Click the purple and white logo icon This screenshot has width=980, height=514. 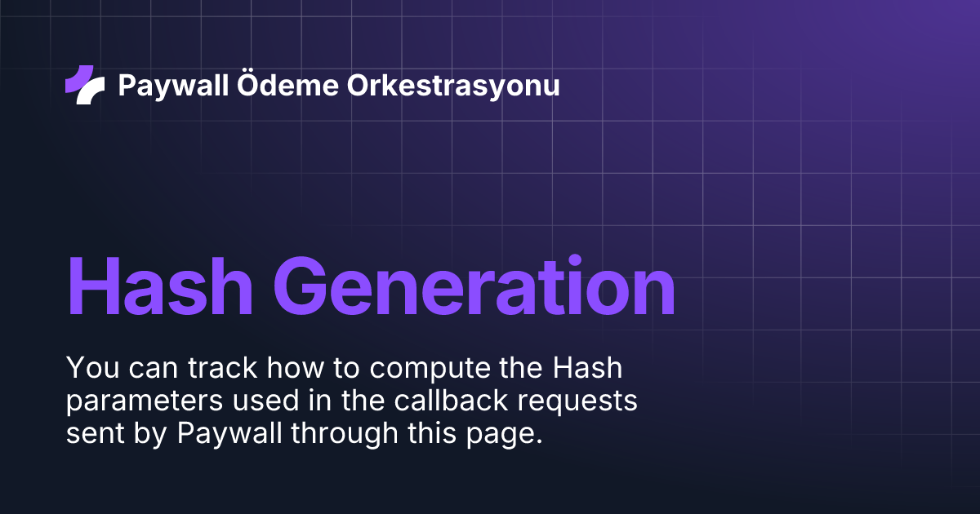point(85,85)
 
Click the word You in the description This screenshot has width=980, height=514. point(88,368)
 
